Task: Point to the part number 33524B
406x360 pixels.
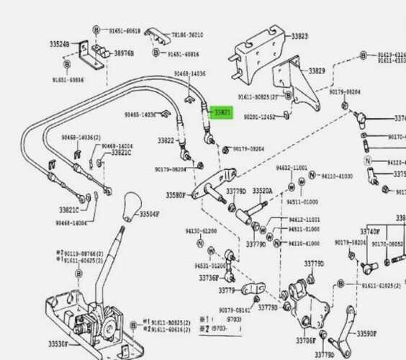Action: coord(60,44)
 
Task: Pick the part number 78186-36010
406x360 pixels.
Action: coord(186,35)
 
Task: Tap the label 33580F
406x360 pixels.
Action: coord(176,195)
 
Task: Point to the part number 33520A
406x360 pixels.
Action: coord(261,191)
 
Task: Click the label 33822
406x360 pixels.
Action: coord(166,140)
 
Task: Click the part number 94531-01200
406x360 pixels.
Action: coord(209,266)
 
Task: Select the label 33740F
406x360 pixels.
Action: coord(389,231)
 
